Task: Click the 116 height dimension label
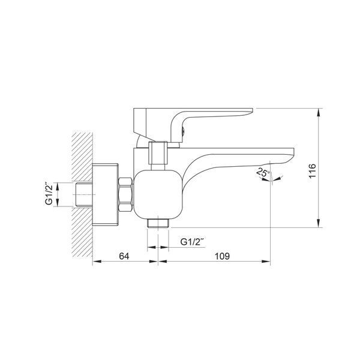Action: pyautogui.click(x=313, y=171)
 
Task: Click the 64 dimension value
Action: pyautogui.click(x=124, y=256)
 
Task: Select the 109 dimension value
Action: pyautogui.click(x=222, y=256)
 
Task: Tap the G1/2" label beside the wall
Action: pyautogui.click(x=49, y=194)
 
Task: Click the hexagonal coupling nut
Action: pyautogui.click(x=125, y=194)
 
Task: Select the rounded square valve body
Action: pyautogui.click(x=158, y=194)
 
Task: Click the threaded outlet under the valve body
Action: pyautogui.click(x=158, y=223)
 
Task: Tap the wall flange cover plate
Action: pyautogui.click(x=105, y=194)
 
